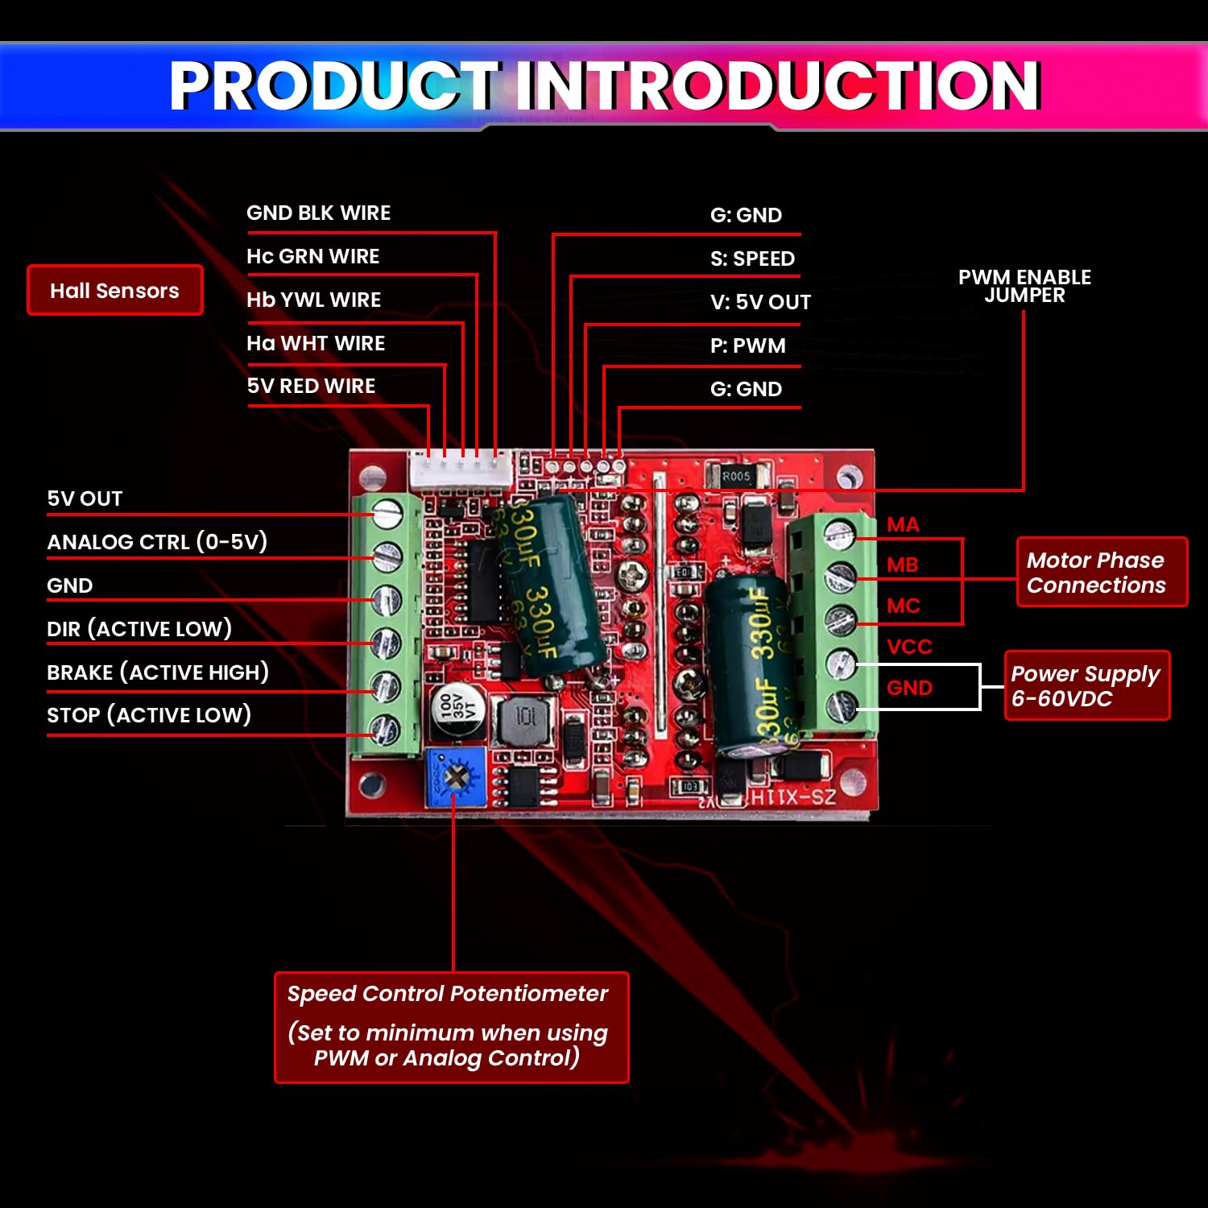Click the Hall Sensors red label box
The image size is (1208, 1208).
tap(114, 290)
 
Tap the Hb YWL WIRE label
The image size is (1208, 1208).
tap(313, 300)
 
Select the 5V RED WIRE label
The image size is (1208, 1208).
tap(311, 386)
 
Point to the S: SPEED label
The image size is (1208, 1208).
tap(752, 259)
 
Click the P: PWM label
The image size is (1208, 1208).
tap(747, 345)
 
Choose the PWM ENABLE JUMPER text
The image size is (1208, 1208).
tap(1024, 286)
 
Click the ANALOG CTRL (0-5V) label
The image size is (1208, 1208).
tap(157, 541)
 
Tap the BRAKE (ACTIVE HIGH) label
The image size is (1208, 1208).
tap(158, 672)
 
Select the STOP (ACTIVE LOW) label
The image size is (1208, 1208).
tap(149, 714)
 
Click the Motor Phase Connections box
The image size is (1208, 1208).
tap(1101, 572)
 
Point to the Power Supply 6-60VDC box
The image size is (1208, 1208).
tap(1086, 685)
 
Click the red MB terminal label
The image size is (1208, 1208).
tap(902, 565)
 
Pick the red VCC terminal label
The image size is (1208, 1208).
tap(909, 647)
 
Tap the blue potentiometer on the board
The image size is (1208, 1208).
tap(456, 777)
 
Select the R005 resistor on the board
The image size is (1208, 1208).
tap(736, 476)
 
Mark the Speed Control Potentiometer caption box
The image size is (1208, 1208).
tap(451, 1027)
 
